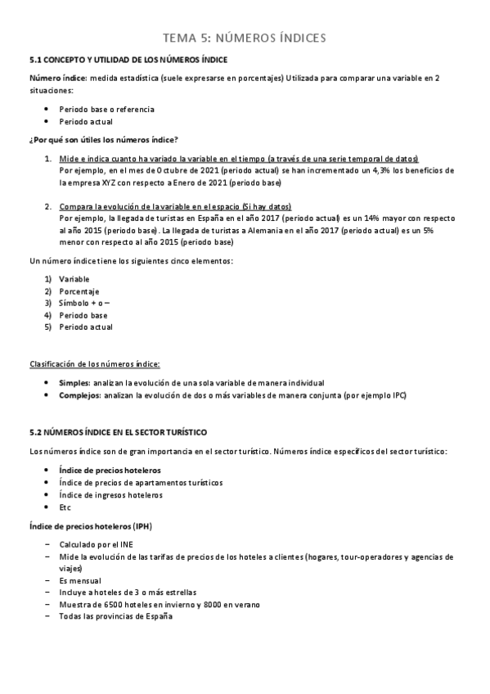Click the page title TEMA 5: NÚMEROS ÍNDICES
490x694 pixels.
pos(245,38)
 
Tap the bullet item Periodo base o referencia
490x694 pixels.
pos(106,109)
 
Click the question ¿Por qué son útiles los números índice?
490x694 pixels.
pos(104,139)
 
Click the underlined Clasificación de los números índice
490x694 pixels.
pos(95,363)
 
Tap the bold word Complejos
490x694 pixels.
pos(79,395)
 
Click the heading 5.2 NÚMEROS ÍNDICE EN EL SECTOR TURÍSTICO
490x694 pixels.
pos(118,431)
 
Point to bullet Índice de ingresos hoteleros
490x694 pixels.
pos(110,495)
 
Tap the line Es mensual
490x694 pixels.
pos(80,579)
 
